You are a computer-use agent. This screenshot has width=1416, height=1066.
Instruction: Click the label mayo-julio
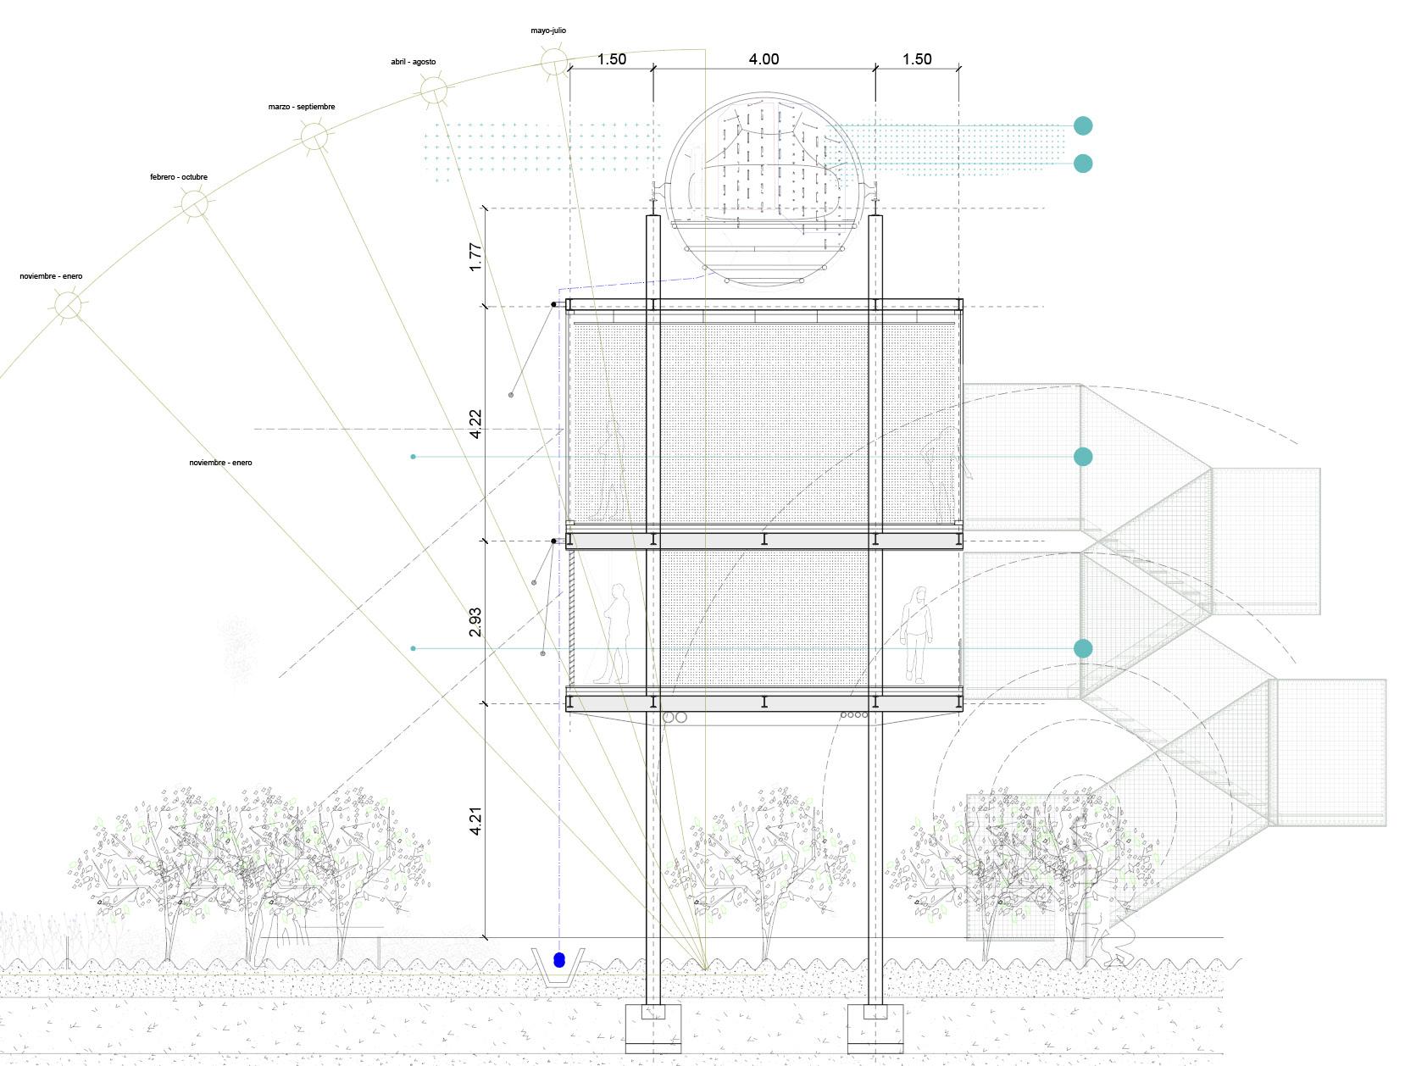point(548,31)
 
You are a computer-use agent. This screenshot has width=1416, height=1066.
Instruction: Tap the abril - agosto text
point(414,62)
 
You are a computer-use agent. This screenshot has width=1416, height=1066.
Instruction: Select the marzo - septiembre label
point(302,107)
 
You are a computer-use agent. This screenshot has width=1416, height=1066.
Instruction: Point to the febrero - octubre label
point(179,177)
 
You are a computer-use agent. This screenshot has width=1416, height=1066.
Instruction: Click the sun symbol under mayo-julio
point(553,62)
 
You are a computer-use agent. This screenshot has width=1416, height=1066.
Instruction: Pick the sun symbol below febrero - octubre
point(193,204)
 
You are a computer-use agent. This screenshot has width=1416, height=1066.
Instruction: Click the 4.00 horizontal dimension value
point(764,59)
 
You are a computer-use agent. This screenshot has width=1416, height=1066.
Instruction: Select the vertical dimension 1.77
point(475,257)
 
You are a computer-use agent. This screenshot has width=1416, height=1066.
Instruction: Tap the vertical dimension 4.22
point(475,424)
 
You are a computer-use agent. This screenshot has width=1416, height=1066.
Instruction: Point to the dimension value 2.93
point(475,622)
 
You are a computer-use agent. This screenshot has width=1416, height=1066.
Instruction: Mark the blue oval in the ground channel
point(559,960)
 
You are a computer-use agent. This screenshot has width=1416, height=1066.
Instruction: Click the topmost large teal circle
point(1083,126)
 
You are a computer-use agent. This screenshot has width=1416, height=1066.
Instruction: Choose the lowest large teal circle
point(1083,649)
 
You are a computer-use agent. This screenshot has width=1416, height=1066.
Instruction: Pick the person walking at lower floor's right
point(917,634)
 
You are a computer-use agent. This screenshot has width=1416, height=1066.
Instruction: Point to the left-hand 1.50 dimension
point(611,59)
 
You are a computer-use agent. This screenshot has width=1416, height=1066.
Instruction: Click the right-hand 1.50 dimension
point(917,59)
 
